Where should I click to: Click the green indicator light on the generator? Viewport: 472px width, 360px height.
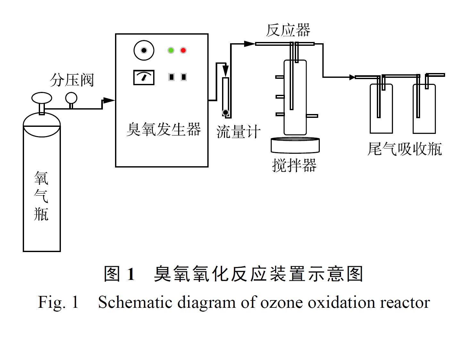(171, 50)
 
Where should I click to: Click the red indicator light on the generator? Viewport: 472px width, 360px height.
(183, 50)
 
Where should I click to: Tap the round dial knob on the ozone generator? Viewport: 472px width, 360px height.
(144, 50)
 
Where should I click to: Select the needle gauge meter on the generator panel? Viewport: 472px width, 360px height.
(144, 78)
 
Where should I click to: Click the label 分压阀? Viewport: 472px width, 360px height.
(72, 80)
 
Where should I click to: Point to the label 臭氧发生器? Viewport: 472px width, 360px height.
(163, 129)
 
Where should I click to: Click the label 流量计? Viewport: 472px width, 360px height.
(238, 132)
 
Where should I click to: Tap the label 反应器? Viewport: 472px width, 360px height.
(288, 30)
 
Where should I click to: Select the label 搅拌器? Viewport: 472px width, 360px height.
(294, 166)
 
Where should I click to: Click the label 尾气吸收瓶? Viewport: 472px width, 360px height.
(404, 149)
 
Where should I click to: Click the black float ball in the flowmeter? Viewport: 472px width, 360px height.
(226, 112)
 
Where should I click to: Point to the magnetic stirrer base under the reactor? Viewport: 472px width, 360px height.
(295, 145)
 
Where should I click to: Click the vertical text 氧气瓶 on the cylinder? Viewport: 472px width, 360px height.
(41, 196)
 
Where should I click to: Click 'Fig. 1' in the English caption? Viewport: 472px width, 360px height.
(58, 302)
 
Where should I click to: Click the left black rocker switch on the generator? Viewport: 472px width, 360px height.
(171, 77)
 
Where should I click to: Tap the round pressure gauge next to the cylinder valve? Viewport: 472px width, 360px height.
(71, 98)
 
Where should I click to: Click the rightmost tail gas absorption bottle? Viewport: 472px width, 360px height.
(424, 109)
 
